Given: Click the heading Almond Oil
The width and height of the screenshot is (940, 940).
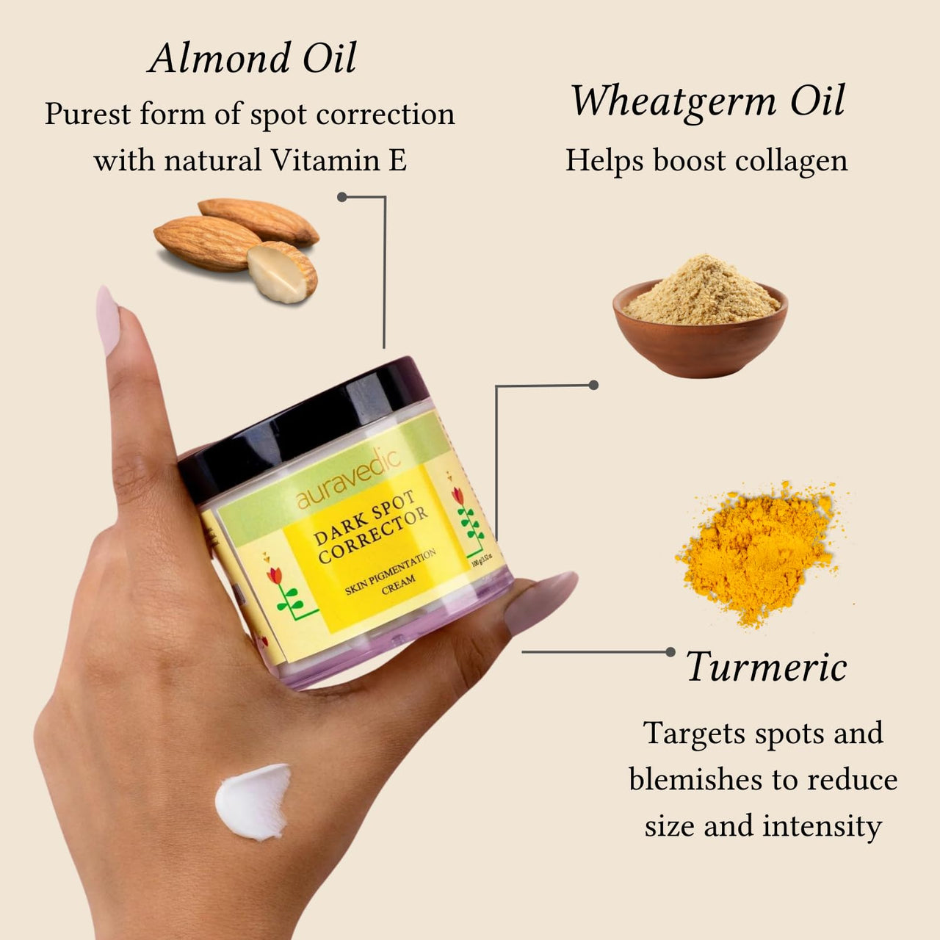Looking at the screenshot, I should [252, 59].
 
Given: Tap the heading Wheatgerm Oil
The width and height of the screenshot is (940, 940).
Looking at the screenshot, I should [708, 101].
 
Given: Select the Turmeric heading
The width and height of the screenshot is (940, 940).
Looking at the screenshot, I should [767, 667].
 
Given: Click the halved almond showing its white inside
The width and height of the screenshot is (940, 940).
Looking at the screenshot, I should [281, 272].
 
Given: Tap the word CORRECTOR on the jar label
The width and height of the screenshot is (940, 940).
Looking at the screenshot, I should [373, 536].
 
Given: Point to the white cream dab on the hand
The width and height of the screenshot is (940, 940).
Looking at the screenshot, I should [253, 801].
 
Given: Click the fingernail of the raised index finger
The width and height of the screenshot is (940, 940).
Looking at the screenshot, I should [107, 320].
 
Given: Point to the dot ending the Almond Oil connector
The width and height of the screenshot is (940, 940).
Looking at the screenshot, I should [342, 197].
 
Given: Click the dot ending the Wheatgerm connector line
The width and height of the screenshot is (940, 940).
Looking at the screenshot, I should [593, 385].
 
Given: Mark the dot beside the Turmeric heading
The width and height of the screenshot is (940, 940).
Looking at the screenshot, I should [670, 651].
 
